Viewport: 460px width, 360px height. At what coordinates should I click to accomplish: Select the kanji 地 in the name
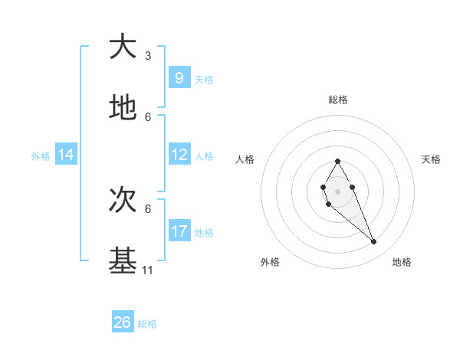click(123, 109)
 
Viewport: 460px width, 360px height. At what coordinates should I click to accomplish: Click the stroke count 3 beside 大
click(148, 56)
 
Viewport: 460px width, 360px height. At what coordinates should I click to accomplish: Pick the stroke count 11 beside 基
click(148, 270)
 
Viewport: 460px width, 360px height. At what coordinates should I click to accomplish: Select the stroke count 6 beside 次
click(148, 208)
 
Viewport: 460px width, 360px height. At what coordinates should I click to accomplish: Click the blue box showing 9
click(179, 77)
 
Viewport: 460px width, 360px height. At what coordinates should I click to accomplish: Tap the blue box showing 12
click(179, 155)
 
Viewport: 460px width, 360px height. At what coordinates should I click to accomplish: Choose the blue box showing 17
click(179, 231)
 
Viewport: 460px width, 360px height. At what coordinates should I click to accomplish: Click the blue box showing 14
click(66, 155)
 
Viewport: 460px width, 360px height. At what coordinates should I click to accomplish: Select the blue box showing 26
click(123, 322)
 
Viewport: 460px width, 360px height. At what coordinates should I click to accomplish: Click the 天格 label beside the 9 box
click(204, 79)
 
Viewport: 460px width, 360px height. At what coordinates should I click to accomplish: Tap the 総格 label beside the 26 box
click(147, 324)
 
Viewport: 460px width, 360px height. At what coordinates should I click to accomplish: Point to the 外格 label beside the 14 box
click(41, 156)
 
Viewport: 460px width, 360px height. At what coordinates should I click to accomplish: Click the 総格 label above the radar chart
click(338, 100)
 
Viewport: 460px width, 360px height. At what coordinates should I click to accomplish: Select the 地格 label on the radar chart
click(402, 262)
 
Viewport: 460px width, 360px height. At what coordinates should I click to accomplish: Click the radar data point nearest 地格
click(374, 242)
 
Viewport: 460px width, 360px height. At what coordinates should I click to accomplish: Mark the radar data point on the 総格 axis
click(337, 161)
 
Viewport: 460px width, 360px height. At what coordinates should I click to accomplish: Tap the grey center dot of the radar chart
click(337, 190)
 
